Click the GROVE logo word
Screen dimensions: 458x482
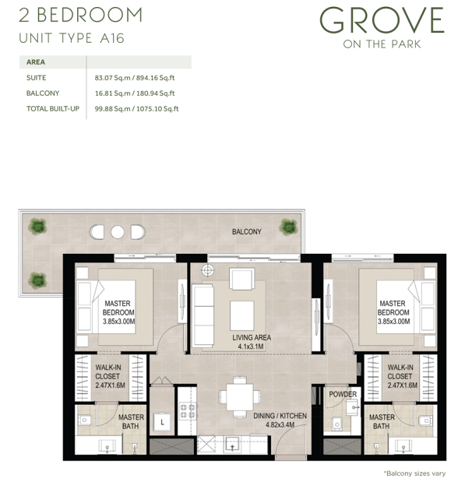tap(382, 20)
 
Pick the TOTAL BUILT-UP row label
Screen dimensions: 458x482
tap(53, 108)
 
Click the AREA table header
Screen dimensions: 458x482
tap(36, 62)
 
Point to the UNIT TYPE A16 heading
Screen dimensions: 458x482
tap(72, 38)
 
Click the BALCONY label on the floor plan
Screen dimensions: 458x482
tap(247, 231)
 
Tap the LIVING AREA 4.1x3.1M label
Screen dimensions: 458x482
tap(252, 342)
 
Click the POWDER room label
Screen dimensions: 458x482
tap(343, 394)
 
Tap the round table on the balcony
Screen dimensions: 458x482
tap(118, 232)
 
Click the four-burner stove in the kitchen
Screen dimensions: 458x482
tap(188, 411)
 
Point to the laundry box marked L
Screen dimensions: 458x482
tap(162, 422)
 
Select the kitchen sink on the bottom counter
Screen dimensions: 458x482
tap(233, 445)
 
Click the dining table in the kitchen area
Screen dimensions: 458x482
tap(240, 396)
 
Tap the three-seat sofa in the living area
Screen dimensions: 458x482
tap(203, 315)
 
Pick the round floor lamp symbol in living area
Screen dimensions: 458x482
tap(208, 270)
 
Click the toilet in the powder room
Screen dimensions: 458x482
tap(337, 424)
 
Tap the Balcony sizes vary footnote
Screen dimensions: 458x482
tap(414, 473)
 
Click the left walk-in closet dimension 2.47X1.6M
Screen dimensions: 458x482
tap(110, 385)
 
